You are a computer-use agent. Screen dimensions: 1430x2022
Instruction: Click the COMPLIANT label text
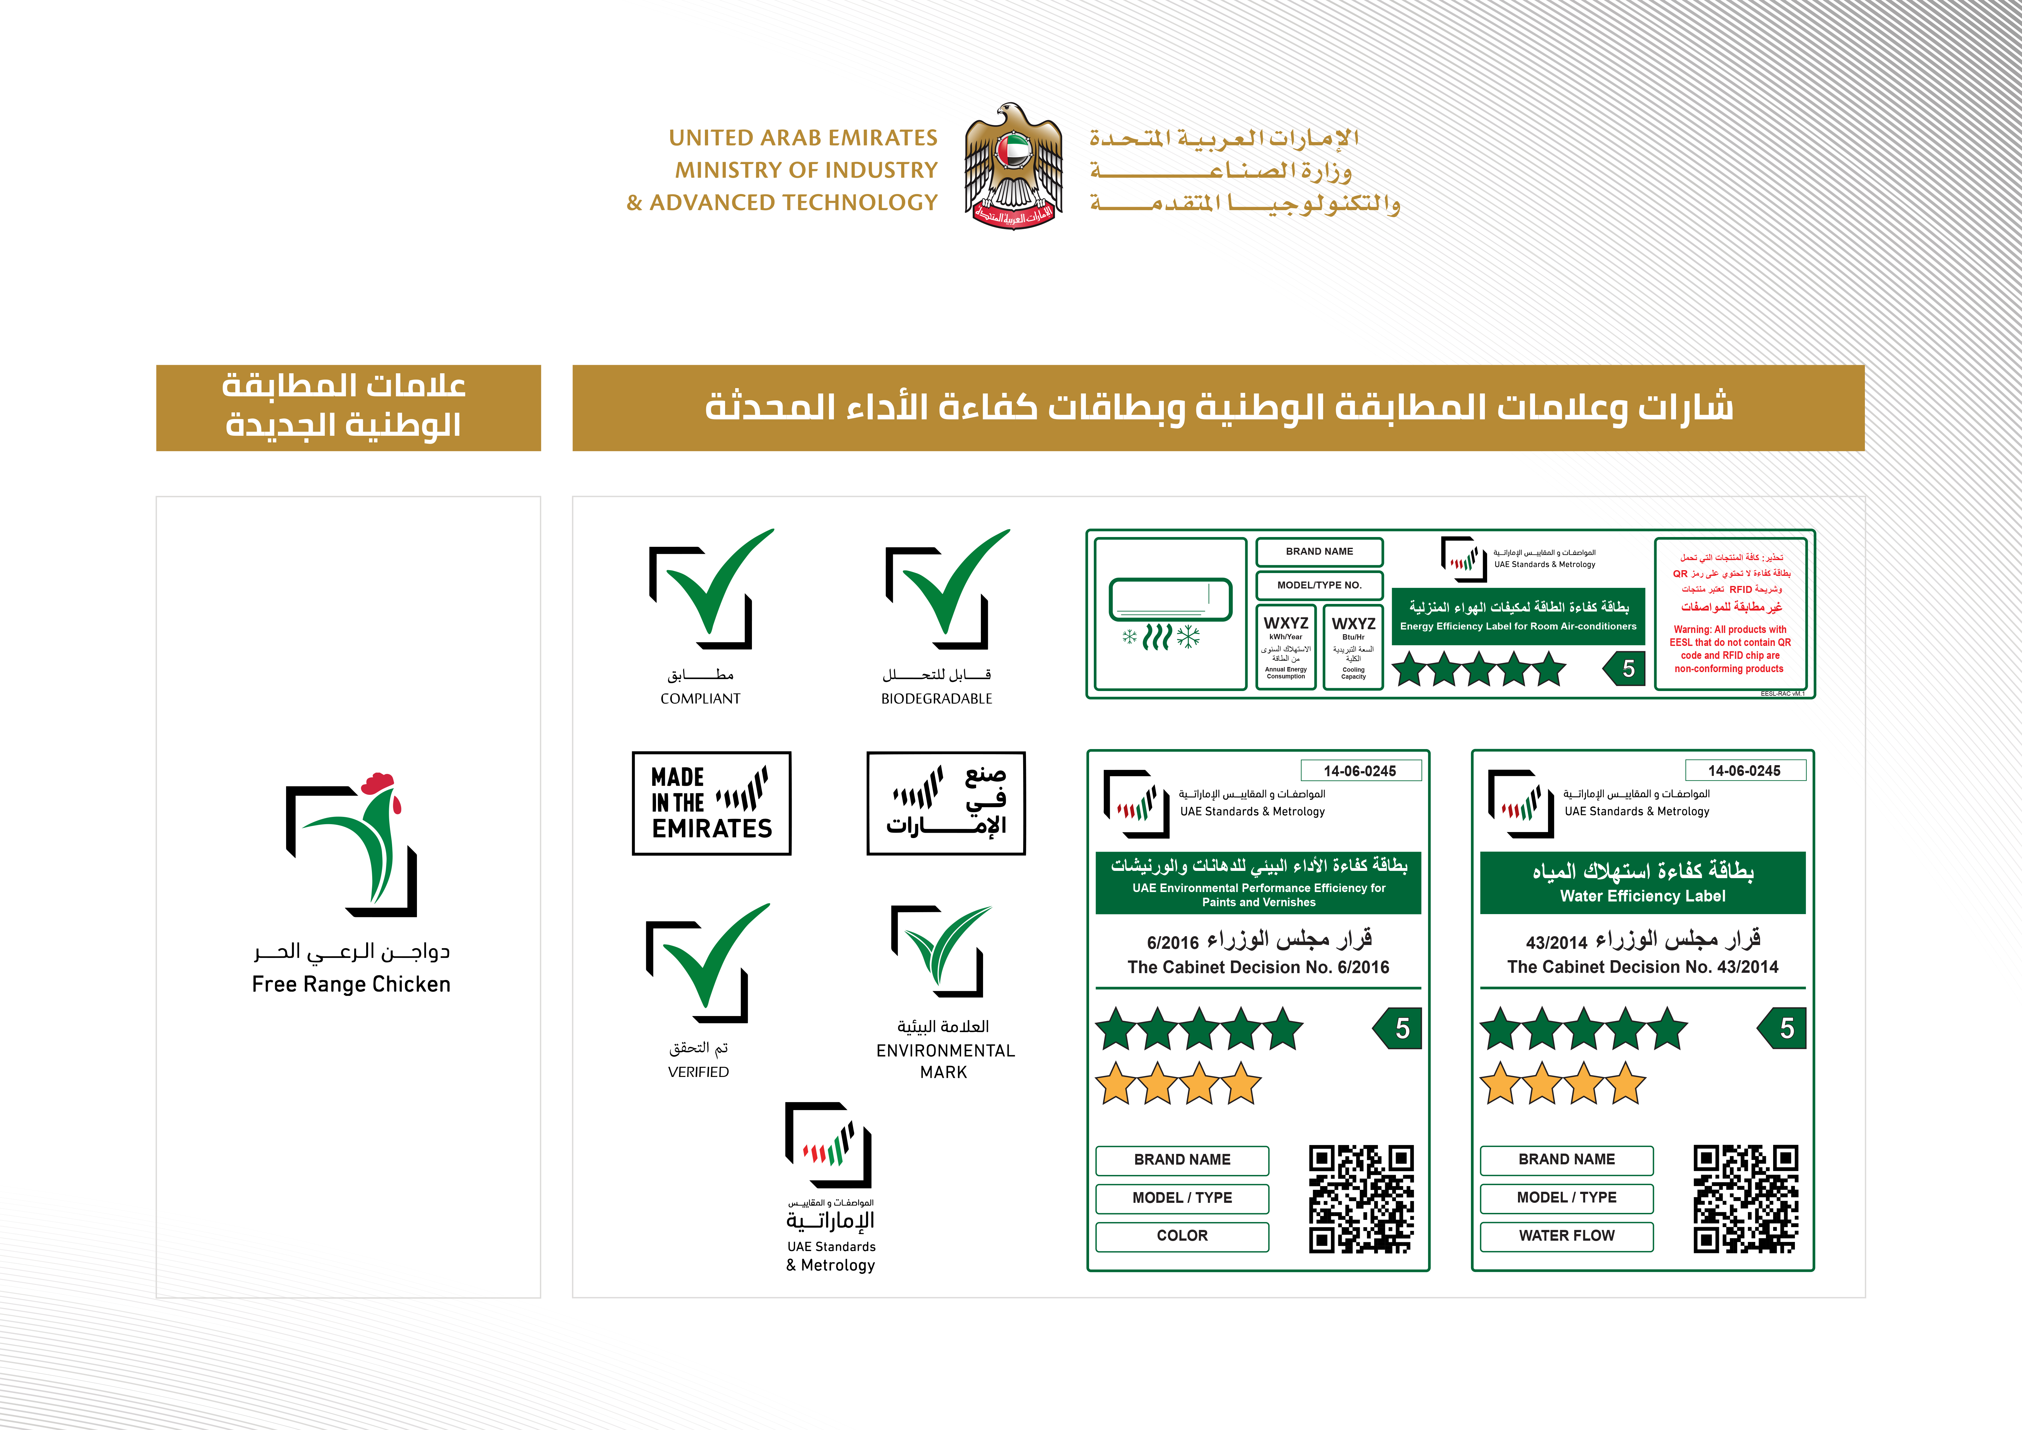pos(700,699)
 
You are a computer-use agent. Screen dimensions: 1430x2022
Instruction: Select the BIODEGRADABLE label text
pos(936,699)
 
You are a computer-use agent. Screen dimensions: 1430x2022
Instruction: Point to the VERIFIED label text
pos(698,1072)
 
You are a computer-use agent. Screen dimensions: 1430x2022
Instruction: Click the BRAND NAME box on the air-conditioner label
pos(1319,552)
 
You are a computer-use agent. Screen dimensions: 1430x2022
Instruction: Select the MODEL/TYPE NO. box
pos(1319,585)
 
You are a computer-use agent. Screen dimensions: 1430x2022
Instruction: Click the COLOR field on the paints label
pos(1182,1235)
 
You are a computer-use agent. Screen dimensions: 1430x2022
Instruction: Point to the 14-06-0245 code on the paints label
pos(1360,771)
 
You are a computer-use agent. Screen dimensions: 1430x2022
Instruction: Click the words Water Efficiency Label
pos(1643,896)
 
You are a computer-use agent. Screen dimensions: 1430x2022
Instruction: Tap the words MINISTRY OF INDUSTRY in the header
pos(806,170)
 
